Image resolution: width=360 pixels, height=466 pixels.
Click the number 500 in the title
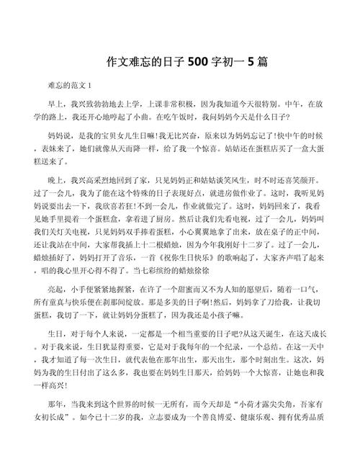point(196,62)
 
